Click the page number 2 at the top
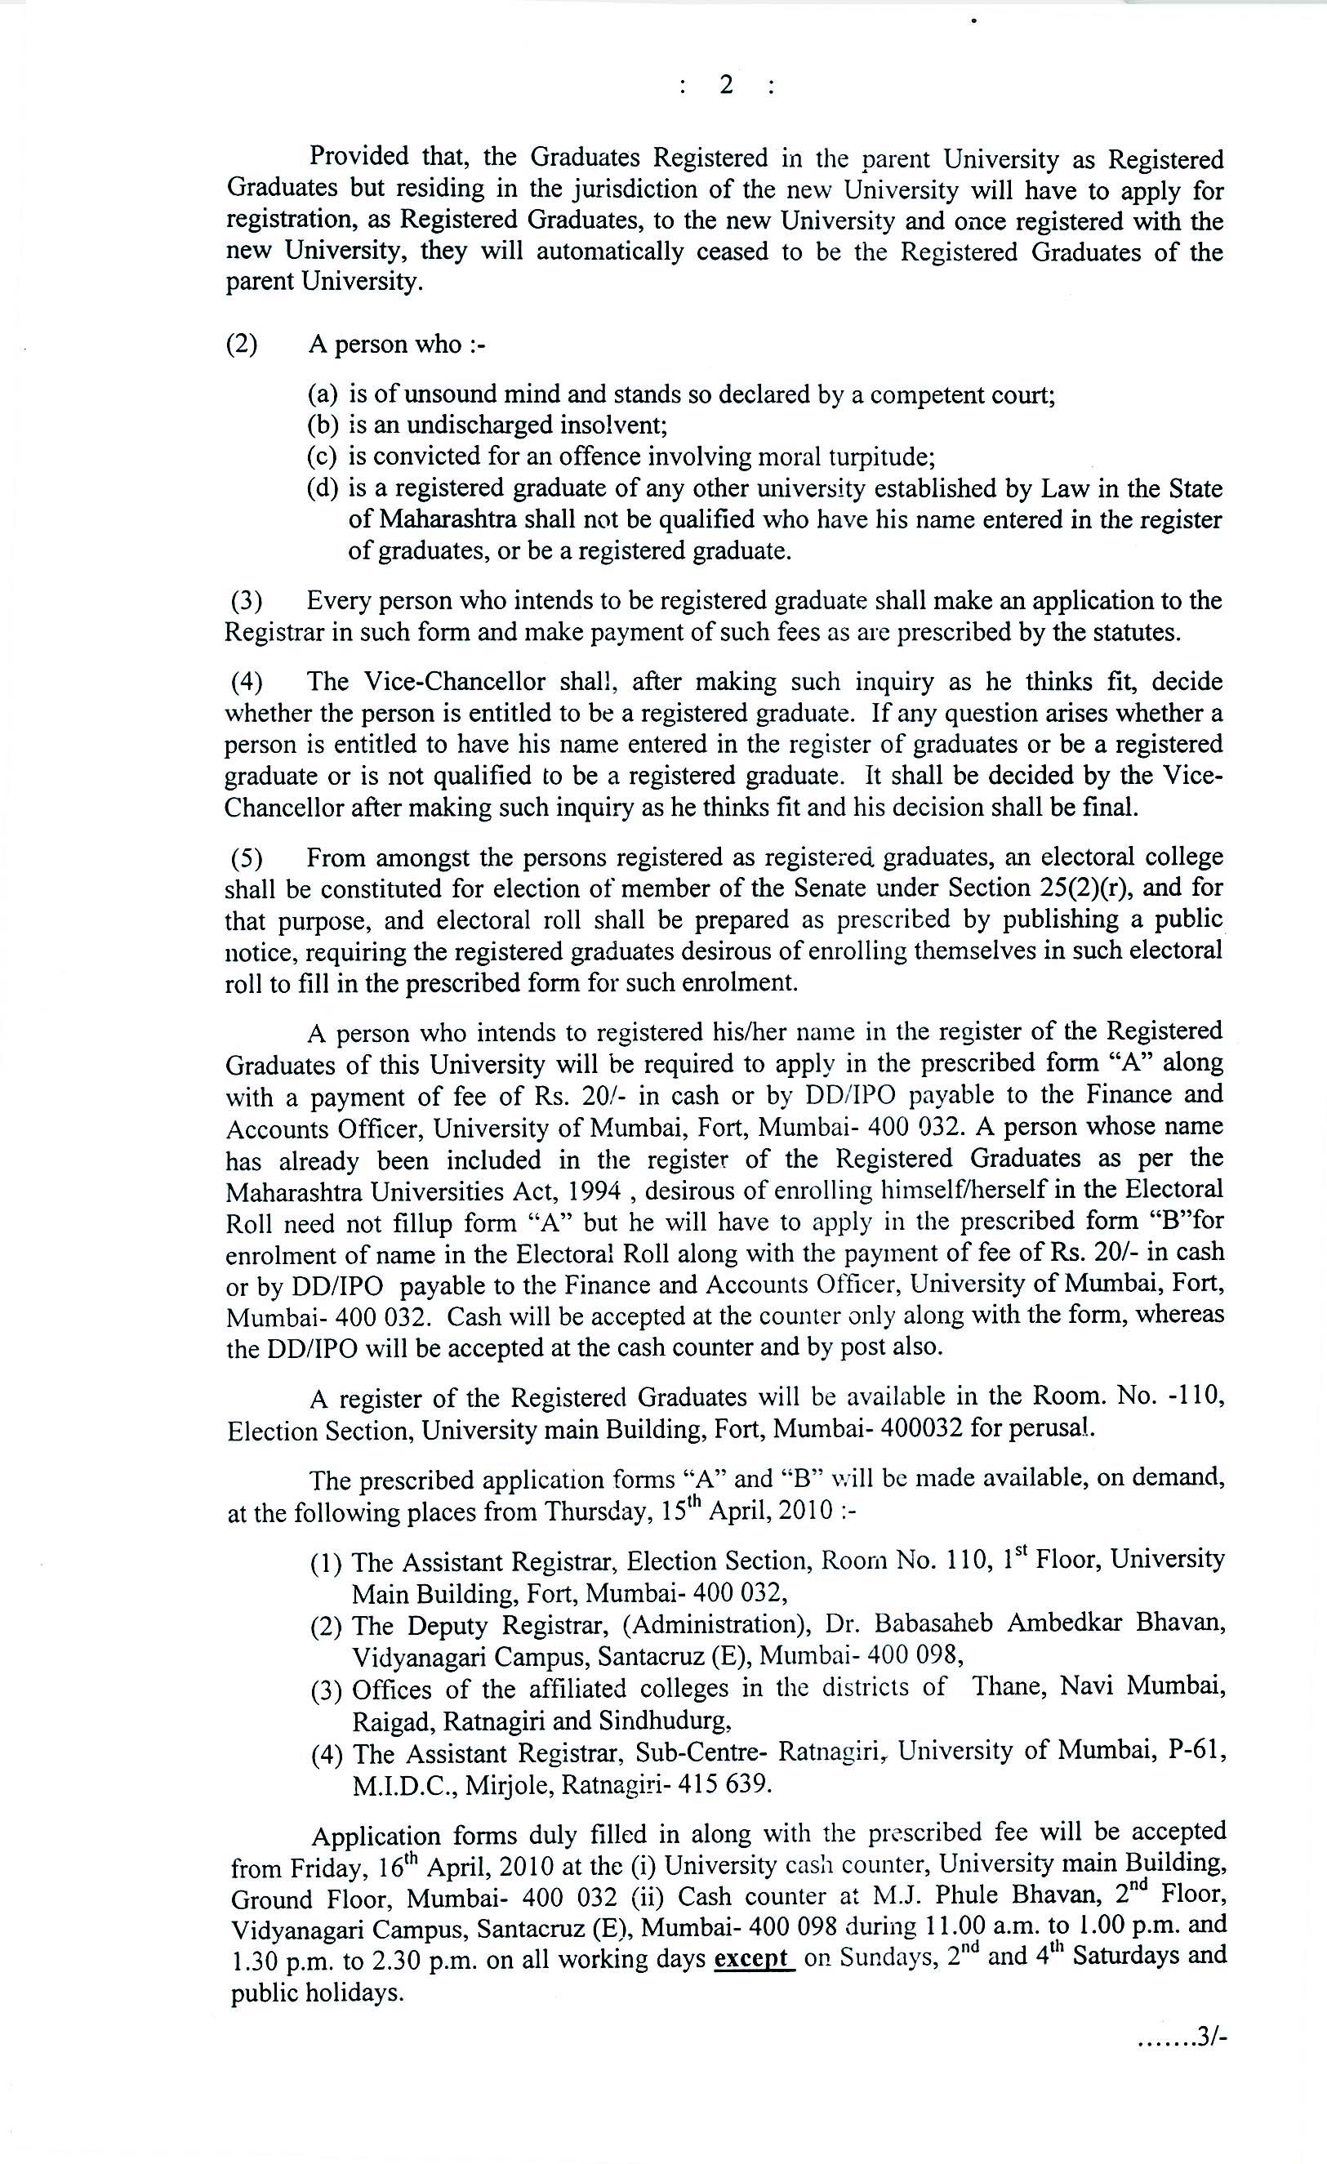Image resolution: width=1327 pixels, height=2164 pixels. pyautogui.click(x=725, y=85)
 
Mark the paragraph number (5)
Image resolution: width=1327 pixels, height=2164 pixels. pyautogui.click(x=247, y=857)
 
